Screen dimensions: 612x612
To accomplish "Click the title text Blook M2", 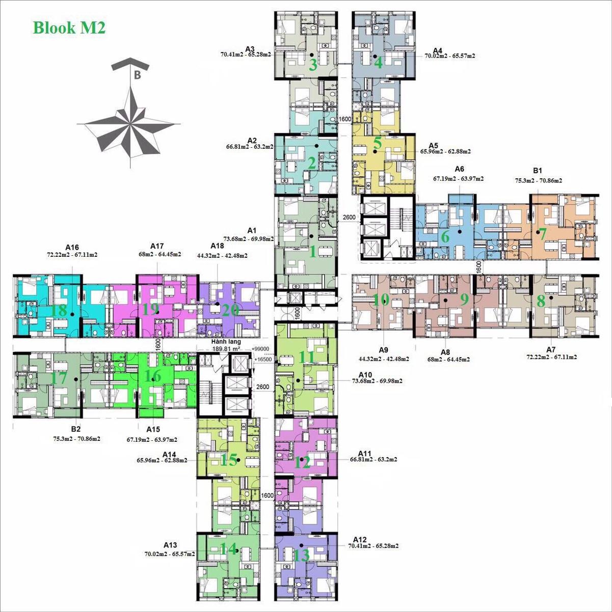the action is [x=69, y=28].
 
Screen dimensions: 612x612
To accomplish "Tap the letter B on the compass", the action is [x=137, y=75].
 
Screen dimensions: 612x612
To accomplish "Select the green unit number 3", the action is [x=313, y=65].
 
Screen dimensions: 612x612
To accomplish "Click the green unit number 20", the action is [x=230, y=310].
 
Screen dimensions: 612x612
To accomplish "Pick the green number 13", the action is [x=301, y=555].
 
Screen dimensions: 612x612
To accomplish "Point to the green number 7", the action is [x=542, y=234].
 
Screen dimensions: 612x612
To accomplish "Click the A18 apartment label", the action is [x=217, y=246].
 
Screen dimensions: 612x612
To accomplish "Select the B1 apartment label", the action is [x=538, y=171].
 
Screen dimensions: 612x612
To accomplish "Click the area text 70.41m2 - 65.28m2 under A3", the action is [x=246, y=55].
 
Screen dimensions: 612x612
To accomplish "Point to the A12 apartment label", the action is [x=360, y=540].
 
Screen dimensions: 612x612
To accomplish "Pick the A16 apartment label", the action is [x=72, y=247].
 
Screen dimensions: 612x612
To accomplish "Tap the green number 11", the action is [x=306, y=357].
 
